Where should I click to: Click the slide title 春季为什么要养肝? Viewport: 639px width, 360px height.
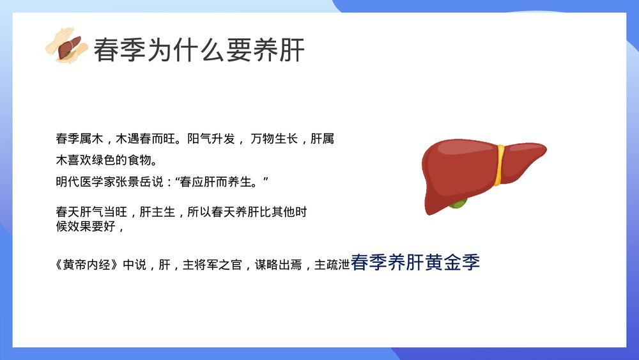199,49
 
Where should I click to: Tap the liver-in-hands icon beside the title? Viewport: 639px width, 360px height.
66,45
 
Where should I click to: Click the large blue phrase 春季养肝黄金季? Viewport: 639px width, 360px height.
415,262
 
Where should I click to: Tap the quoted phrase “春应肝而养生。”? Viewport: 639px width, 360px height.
221,182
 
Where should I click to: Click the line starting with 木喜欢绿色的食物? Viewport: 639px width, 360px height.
106,160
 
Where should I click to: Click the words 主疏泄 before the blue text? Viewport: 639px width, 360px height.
332,265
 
